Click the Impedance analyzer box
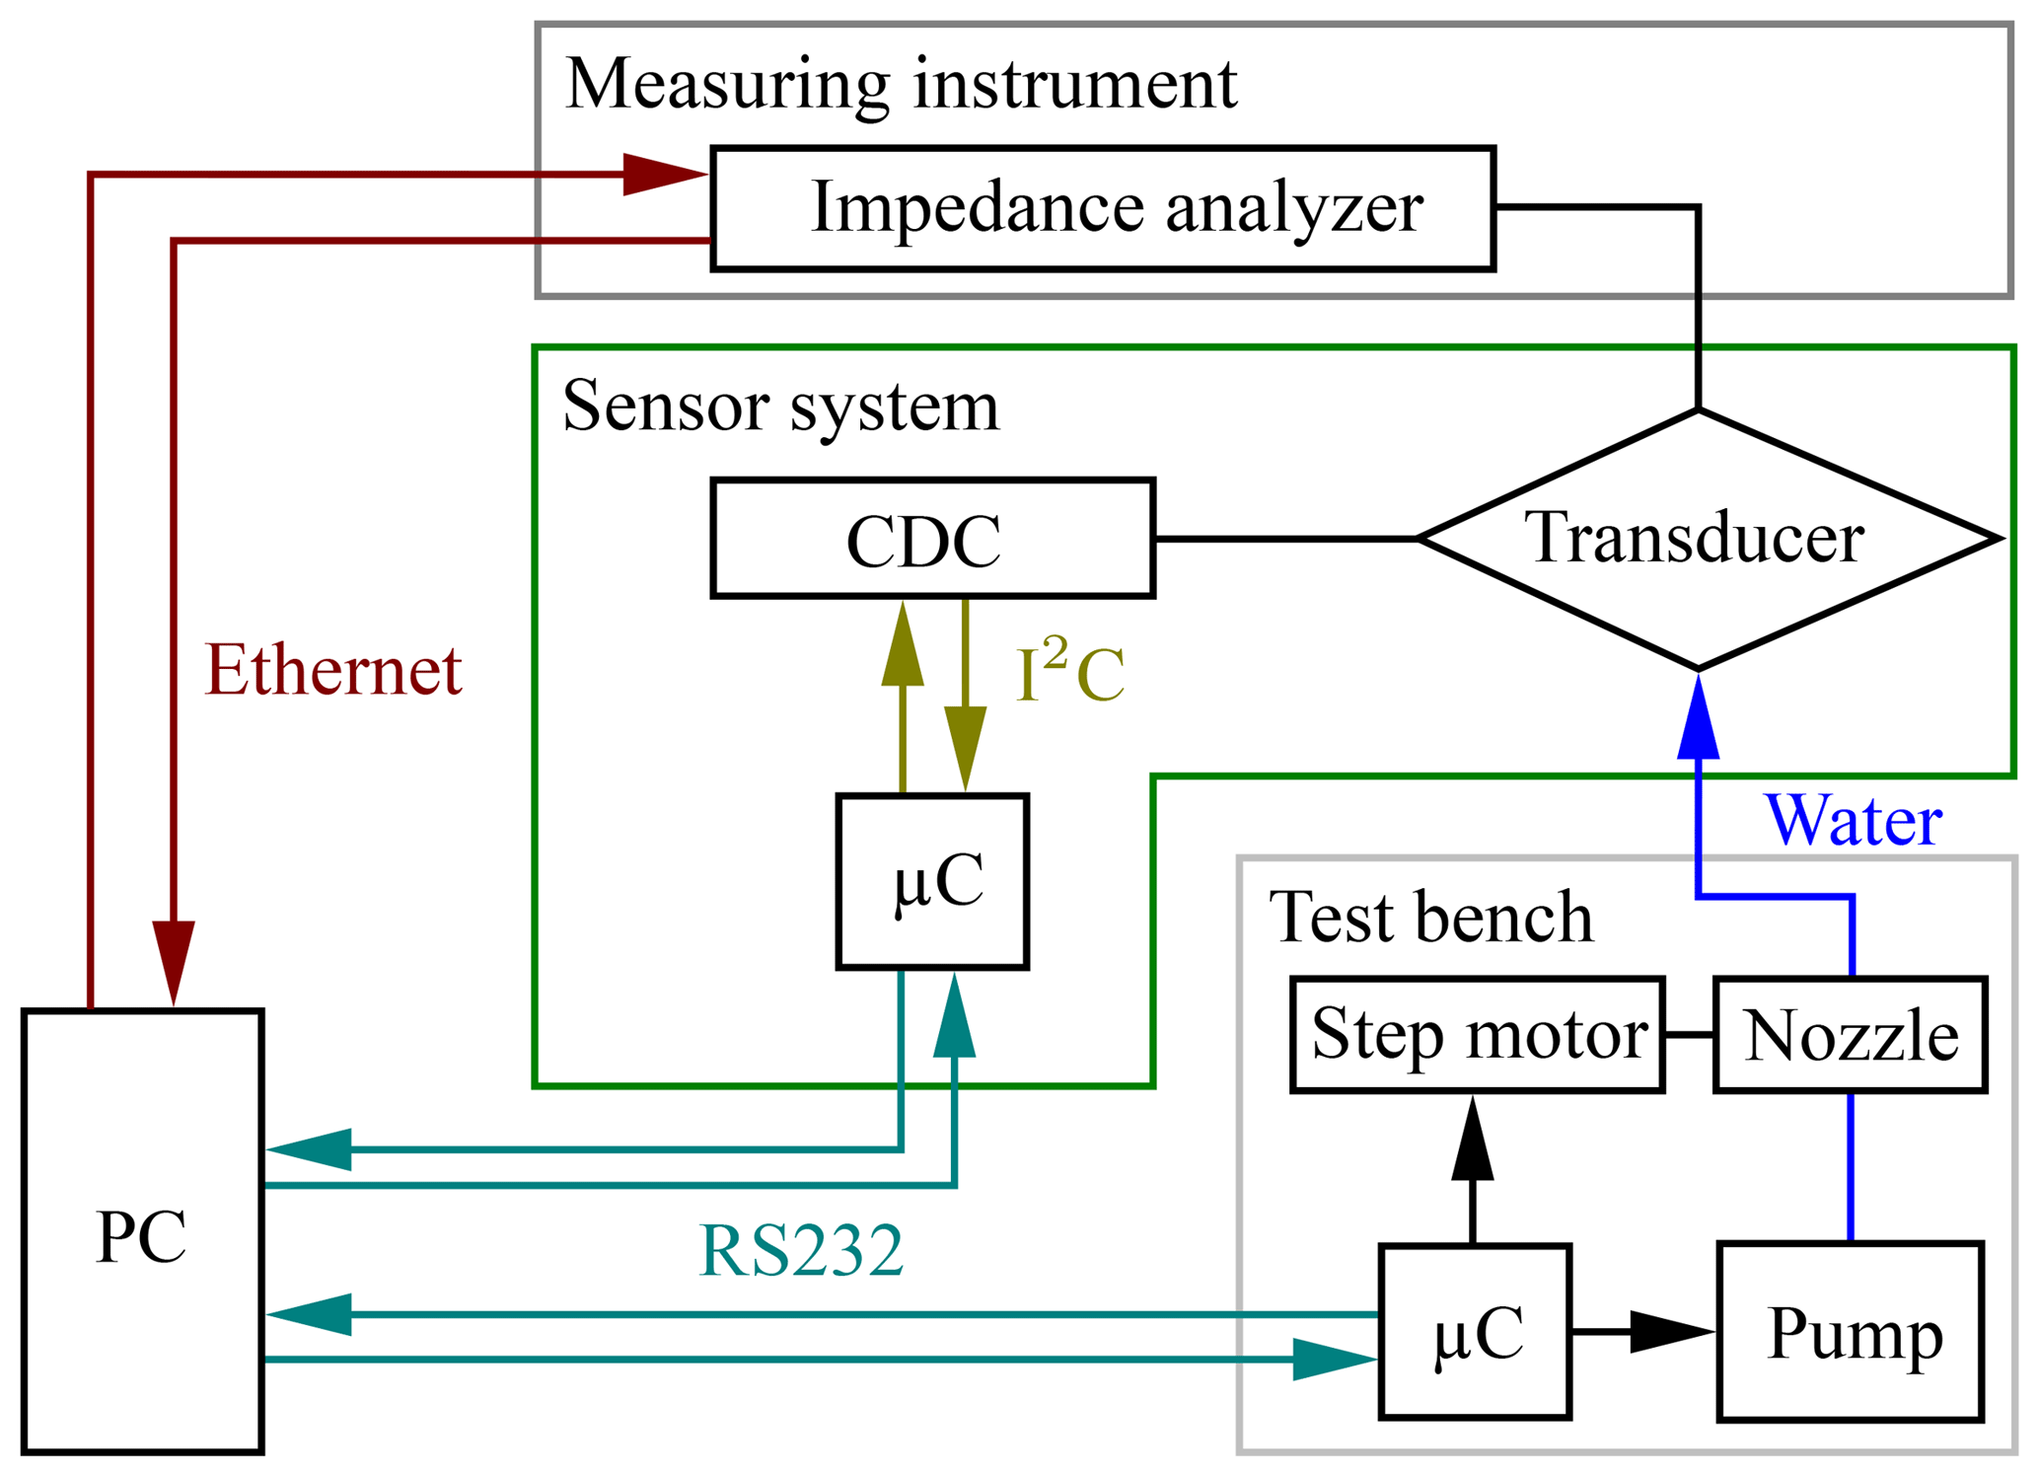[x=1102, y=208]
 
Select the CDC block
[x=932, y=539]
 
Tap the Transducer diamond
[x=1697, y=539]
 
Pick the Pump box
[x=1850, y=1331]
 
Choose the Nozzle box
[x=1850, y=1035]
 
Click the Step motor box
[x=1477, y=1035]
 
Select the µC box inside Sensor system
[x=932, y=881]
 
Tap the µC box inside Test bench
[x=1475, y=1331]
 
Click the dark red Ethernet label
[x=333, y=671]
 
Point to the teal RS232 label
[x=801, y=1251]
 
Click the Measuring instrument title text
[x=901, y=85]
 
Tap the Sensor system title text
[x=780, y=406]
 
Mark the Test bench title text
[x=1430, y=918]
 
